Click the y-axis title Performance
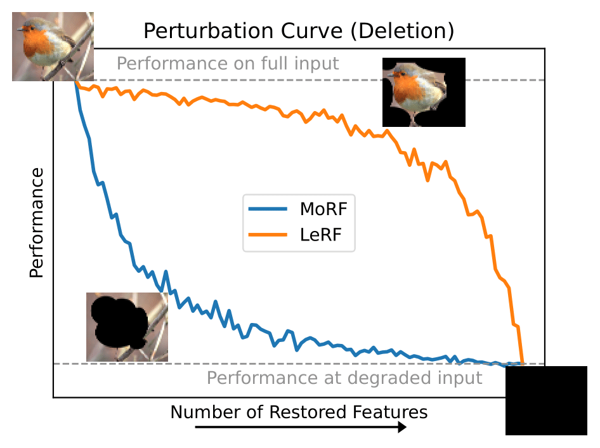point(36,222)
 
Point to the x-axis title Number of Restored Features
point(299,412)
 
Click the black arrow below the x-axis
point(300,428)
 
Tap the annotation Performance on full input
point(228,63)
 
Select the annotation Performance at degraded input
point(344,378)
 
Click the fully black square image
point(546,400)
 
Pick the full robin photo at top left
point(53,46)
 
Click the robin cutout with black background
point(424,92)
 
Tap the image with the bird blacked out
point(127,327)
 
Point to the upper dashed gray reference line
point(495,80)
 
